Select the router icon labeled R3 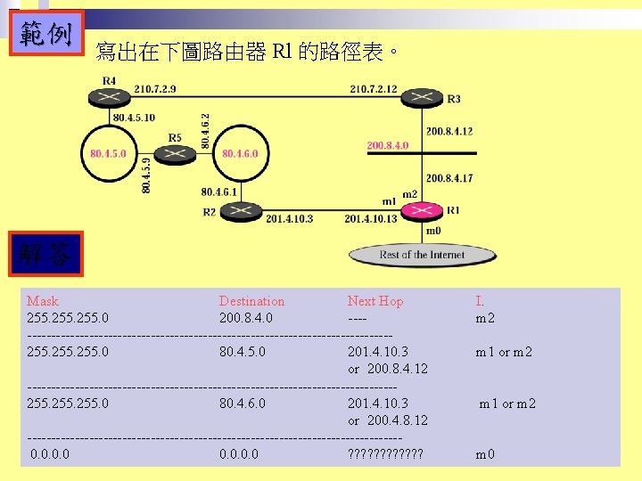point(420,97)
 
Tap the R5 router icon point(175,154)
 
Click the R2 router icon point(237,211)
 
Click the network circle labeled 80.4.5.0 point(109,153)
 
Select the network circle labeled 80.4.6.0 point(240,153)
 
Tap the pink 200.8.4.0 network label point(387,145)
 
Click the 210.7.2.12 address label point(374,89)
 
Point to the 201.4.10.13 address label point(370,219)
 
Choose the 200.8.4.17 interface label point(449,178)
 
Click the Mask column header point(43,301)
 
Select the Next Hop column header point(374,301)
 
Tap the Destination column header point(251,301)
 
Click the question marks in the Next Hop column point(385,454)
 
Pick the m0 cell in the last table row point(485,454)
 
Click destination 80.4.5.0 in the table point(242,352)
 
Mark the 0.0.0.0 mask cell point(51,454)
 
